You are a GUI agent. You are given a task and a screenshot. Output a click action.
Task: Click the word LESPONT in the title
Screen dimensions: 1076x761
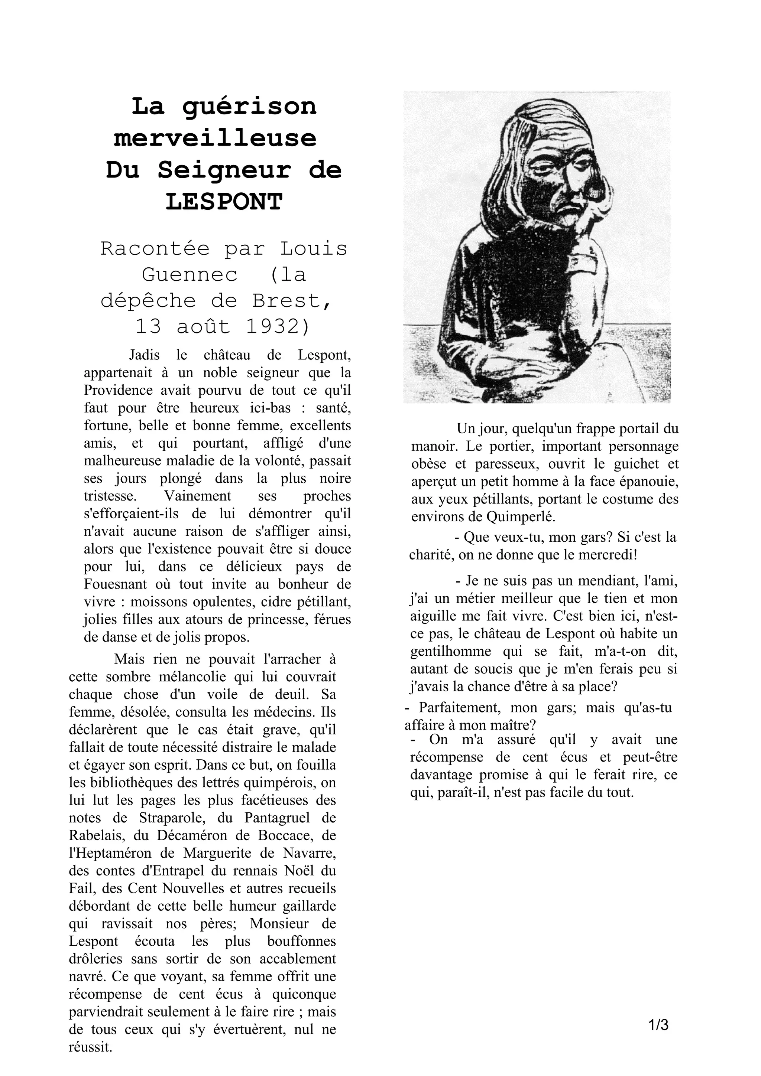click(x=224, y=202)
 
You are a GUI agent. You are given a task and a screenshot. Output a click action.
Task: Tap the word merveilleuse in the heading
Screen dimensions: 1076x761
click(x=215, y=138)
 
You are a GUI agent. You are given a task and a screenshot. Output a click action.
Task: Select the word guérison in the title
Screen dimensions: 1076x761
click(x=249, y=107)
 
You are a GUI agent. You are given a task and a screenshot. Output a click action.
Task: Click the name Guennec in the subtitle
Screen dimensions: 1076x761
click(x=190, y=274)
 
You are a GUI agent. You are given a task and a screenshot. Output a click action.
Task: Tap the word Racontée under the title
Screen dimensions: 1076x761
click(x=155, y=248)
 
